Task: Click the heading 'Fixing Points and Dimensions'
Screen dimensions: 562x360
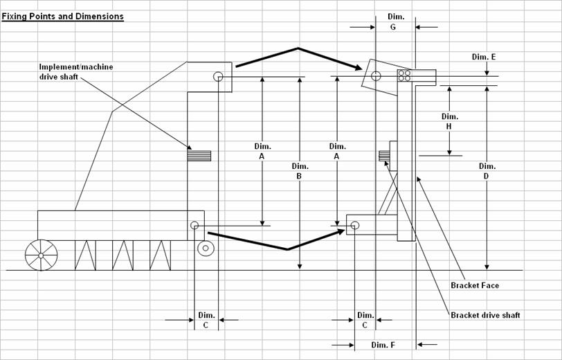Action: (x=63, y=17)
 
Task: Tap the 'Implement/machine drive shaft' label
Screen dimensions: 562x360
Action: (x=76, y=72)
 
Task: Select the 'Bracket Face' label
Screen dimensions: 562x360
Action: (x=475, y=285)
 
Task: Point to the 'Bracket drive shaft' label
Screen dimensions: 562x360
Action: (x=485, y=315)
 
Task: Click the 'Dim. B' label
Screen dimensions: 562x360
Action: (x=300, y=171)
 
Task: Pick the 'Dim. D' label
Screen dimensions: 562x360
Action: (x=487, y=171)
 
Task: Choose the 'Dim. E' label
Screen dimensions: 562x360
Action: (x=484, y=57)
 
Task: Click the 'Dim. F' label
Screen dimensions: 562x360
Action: (x=383, y=345)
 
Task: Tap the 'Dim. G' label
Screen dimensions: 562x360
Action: (x=396, y=21)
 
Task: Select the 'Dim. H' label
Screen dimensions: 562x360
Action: (x=449, y=122)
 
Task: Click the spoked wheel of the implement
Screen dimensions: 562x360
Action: (x=42, y=255)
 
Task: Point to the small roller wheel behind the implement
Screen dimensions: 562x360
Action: (x=206, y=248)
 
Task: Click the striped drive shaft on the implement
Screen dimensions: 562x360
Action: (x=199, y=156)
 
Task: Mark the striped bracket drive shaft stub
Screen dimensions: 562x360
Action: (x=384, y=156)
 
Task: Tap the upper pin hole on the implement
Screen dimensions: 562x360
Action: (x=218, y=76)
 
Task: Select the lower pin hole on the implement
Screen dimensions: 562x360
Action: (x=194, y=225)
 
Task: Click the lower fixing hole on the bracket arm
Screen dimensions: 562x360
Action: (x=355, y=225)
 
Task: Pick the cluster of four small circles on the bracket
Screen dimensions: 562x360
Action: (x=405, y=75)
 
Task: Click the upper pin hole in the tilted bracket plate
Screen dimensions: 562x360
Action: (x=376, y=75)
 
